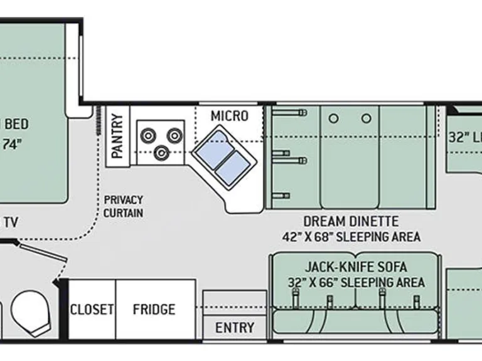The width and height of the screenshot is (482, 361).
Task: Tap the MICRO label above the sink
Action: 229,116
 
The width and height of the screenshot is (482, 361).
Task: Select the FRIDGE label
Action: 154,309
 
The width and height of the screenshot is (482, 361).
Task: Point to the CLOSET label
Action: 92,309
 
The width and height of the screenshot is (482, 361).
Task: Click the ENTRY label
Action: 235,327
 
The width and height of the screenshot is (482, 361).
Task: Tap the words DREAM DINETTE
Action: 351,221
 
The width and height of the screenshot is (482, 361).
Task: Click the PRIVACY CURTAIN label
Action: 123,206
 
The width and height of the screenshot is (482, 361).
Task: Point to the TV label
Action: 10,221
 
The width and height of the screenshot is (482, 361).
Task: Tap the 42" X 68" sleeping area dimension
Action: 351,237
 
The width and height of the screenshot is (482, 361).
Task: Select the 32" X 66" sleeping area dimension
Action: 356,282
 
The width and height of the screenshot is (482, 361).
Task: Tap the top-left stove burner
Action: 149,135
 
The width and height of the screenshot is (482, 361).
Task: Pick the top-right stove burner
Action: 174,134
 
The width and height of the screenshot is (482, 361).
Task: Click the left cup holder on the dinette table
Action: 334,118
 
